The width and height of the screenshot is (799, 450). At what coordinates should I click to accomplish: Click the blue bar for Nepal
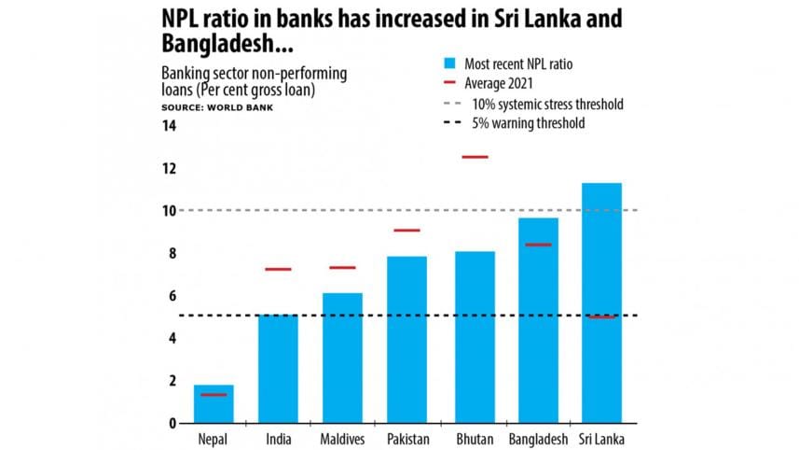(214, 403)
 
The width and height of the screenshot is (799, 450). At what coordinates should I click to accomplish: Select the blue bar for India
(278, 369)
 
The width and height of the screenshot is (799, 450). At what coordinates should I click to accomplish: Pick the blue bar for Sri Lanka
(601, 302)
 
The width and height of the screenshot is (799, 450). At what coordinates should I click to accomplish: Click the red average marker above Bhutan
(475, 157)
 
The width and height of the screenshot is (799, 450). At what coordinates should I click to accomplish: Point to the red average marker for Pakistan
(406, 230)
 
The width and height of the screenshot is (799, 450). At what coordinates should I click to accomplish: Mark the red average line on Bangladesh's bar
(538, 245)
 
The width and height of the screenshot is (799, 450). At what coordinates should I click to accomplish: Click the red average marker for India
(278, 269)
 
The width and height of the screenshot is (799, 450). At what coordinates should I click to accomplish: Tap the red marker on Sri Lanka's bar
(601, 317)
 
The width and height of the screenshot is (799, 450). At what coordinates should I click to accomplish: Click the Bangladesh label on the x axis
(538, 439)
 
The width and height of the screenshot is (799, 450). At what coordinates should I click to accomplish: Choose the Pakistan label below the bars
(406, 439)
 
